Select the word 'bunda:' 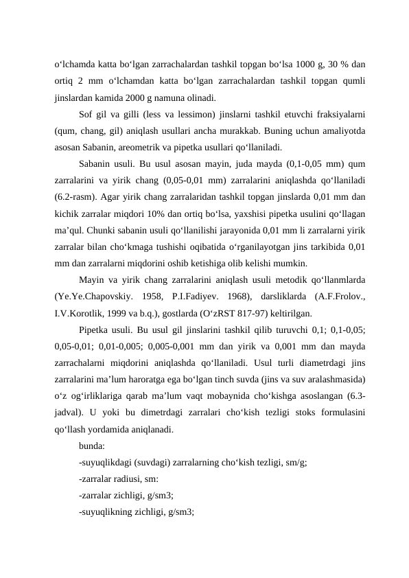click(x=92, y=446)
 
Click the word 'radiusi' click(x=134, y=478)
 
